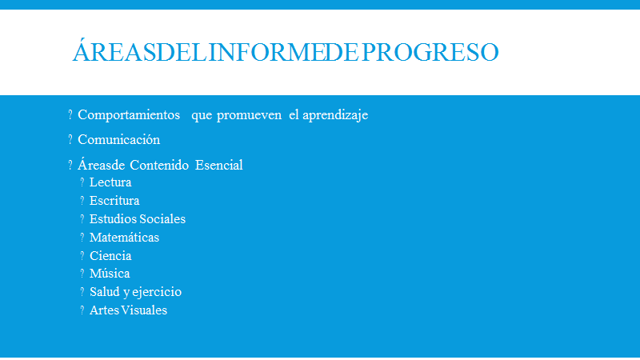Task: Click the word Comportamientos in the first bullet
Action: point(129,115)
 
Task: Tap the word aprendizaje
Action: point(335,115)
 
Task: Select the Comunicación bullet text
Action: point(118,139)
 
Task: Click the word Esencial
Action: point(218,165)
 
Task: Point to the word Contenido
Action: point(159,165)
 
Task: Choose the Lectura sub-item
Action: point(110,182)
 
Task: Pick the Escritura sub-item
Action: point(114,201)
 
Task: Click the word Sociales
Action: point(163,218)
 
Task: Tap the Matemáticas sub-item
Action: point(125,237)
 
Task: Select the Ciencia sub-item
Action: point(110,255)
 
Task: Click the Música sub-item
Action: point(110,273)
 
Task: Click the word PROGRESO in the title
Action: point(430,52)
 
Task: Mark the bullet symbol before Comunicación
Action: point(70,139)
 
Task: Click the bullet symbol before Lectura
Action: point(82,182)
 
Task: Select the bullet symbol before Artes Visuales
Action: point(82,310)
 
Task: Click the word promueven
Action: point(249,115)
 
